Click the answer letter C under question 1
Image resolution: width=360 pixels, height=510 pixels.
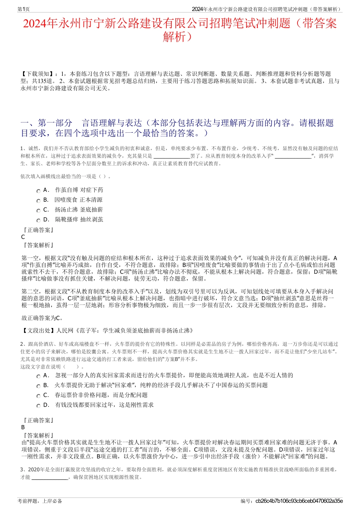(x=23, y=237)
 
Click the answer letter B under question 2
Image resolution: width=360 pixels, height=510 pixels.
(x=23, y=427)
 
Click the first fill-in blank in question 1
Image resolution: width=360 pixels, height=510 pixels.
(x=172, y=156)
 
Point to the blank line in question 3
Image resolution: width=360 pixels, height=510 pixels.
(x=49, y=477)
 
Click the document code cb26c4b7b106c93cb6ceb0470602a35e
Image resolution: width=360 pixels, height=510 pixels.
(x=299, y=501)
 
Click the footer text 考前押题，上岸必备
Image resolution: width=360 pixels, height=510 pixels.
(x=40, y=501)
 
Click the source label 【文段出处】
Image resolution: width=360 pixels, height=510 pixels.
(x=38, y=331)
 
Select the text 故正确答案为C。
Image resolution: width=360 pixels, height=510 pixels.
(x=43, y=318)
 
